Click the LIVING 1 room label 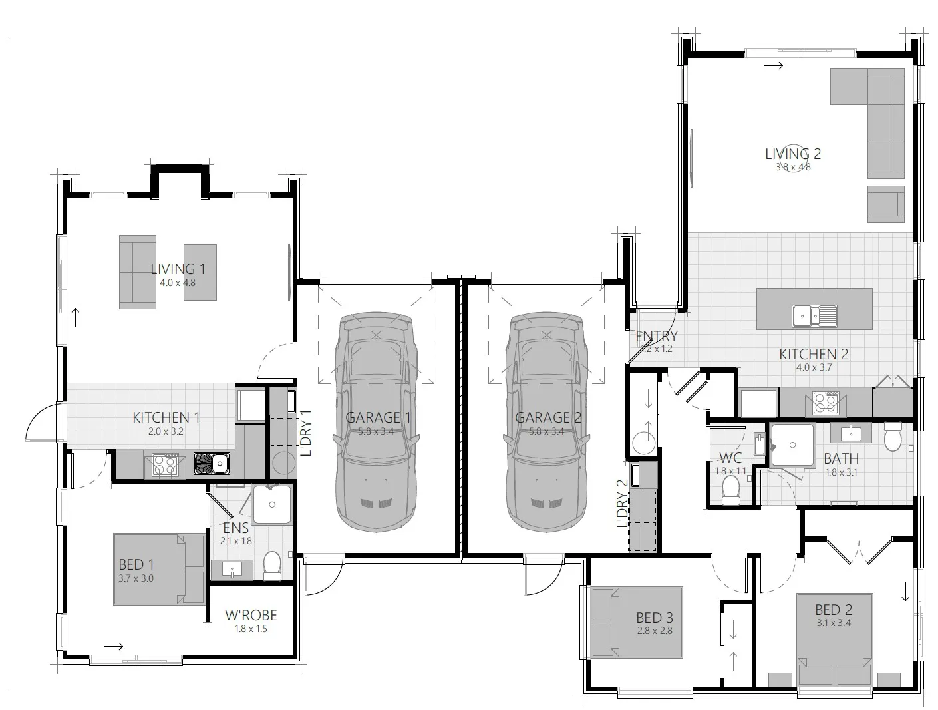178,269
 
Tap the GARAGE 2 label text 544,417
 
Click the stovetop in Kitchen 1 164,464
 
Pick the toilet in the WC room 731,489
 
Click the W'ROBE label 251,615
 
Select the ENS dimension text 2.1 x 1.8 236,541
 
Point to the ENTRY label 656,337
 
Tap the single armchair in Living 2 885,204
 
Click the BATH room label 841,458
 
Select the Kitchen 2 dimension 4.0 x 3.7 814,367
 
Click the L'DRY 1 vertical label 306,433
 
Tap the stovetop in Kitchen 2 825,403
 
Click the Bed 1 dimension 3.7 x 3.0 136,578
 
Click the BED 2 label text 833,610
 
